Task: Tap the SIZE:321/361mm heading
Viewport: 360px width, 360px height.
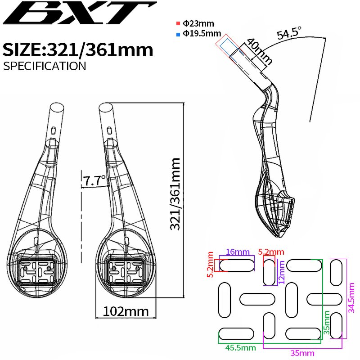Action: (x=78, y=49)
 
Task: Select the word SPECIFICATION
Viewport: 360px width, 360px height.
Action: (x=44, y=66)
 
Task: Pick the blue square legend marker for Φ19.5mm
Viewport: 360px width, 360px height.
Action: (x=179, y=33)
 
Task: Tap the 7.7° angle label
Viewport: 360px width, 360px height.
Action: (x=94, y=181)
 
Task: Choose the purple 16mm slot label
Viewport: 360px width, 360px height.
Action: (x=238, y=252)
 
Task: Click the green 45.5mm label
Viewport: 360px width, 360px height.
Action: (x=240, y=347)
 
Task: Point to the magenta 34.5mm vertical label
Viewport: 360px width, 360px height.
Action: (x=352, y=297)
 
